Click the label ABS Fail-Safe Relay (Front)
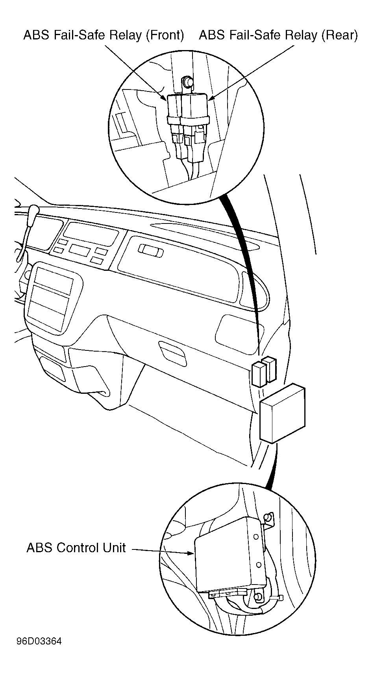pyautogui.click(x=104, y=35)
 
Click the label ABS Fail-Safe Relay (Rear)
pyautogui.click(x=279, y=35)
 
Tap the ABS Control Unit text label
pyautogui.click(x=76, y=547)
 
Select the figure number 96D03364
pyautogui.click(x=39, y=642)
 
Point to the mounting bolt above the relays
pyautogui.click(x=187, y=82)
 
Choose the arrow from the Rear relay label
pyautogui.click(x=251, y=73)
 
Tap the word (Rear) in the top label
pyautogui.click(x=340, y=35)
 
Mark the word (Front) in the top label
pyautogui.click(x=165, y=35)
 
